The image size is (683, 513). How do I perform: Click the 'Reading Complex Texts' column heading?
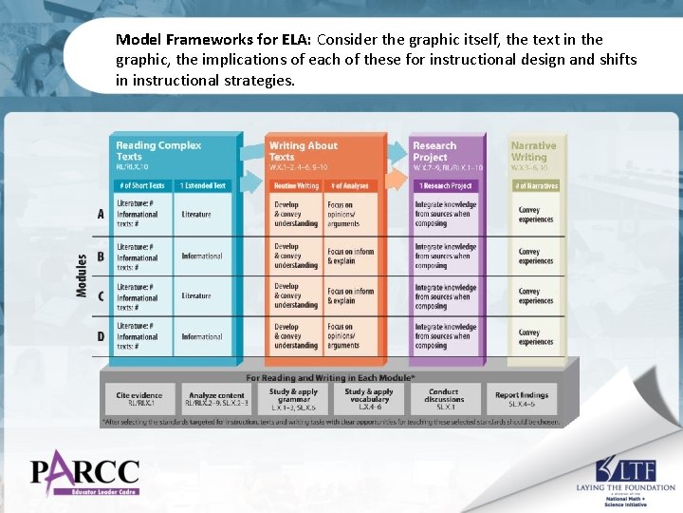[158, 151]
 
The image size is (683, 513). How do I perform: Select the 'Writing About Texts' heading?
[303, 151]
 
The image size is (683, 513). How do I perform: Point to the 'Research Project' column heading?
[434, 151]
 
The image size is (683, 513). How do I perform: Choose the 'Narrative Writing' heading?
[533, 151]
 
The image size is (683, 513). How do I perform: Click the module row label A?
[101, 215]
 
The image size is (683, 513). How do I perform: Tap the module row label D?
[101, 336]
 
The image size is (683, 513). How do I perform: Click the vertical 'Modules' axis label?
[82, 275]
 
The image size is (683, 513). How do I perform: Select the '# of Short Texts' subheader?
[142, 186]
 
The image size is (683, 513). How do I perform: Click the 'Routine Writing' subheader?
[295, 186]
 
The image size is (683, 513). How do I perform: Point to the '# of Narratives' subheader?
[536, 186]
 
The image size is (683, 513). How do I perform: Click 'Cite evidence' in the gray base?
[139, 399]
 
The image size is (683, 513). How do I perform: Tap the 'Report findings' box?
[522, 399]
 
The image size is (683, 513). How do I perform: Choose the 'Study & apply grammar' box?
[293, 398]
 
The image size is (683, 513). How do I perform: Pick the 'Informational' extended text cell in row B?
[202, 256]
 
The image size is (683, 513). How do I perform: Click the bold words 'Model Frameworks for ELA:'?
[214, 41]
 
